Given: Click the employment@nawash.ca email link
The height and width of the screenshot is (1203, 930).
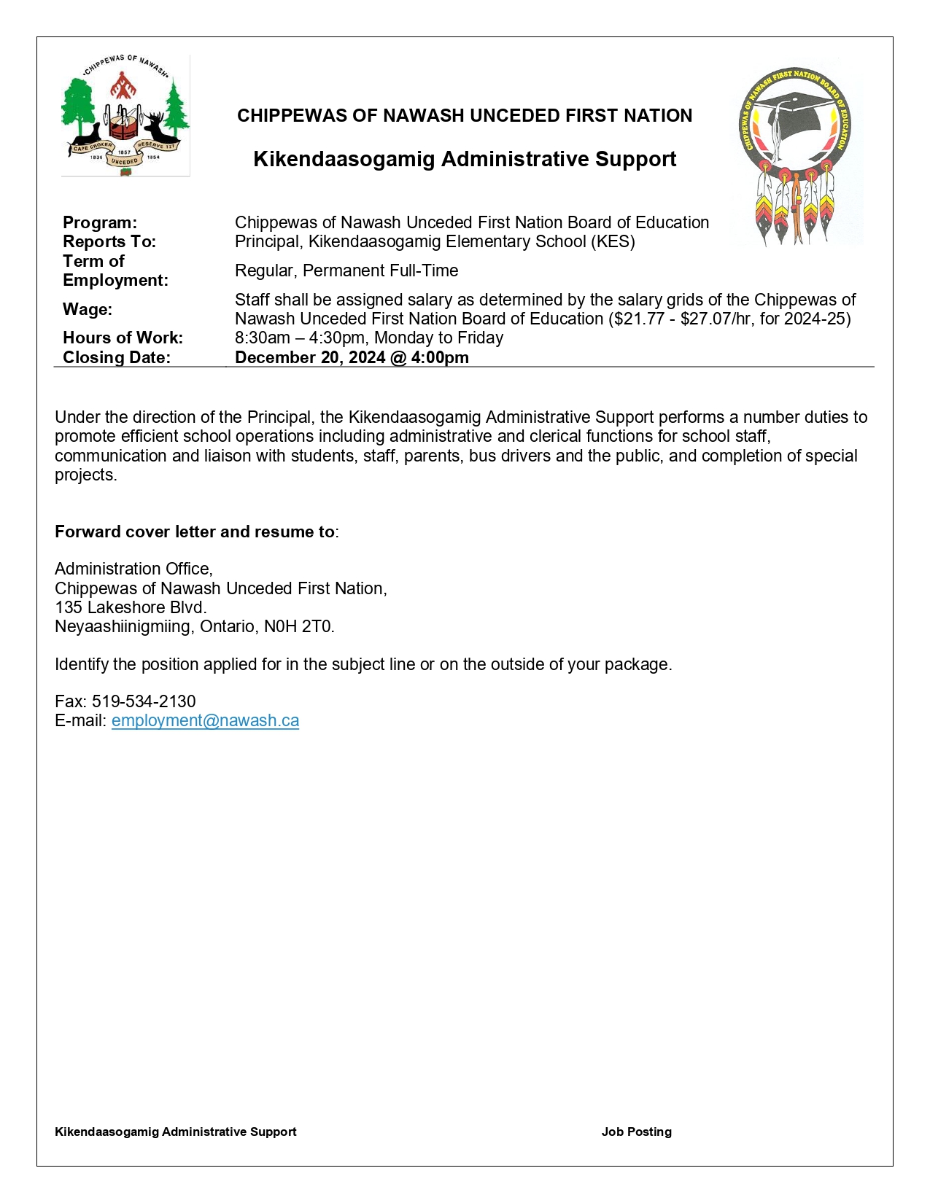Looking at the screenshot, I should (205, 720).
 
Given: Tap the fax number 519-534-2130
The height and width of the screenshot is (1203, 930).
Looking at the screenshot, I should (144, 701).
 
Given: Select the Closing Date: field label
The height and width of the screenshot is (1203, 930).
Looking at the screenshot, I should (117, 357).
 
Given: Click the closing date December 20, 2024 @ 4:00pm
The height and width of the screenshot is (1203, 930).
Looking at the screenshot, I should (352, 357).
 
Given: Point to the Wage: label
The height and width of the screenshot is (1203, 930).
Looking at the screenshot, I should (88, 309).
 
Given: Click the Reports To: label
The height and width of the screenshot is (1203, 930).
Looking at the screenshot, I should (109, 241).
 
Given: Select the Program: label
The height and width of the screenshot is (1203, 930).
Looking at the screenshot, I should (100, 222).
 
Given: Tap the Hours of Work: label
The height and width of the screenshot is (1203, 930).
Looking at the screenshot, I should (123, 338).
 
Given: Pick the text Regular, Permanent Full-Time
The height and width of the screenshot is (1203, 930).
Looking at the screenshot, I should (346, 270).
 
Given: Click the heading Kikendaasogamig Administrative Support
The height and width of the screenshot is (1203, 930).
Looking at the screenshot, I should (465, 159).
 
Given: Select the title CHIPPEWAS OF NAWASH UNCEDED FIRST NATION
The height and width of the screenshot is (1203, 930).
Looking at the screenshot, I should (465, 115).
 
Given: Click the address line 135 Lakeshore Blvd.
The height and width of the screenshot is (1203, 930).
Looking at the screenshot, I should (131, 607).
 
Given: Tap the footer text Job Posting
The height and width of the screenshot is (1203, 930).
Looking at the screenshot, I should (636, 1132).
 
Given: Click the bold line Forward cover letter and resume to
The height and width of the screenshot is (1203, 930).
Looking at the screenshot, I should (195, 532).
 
